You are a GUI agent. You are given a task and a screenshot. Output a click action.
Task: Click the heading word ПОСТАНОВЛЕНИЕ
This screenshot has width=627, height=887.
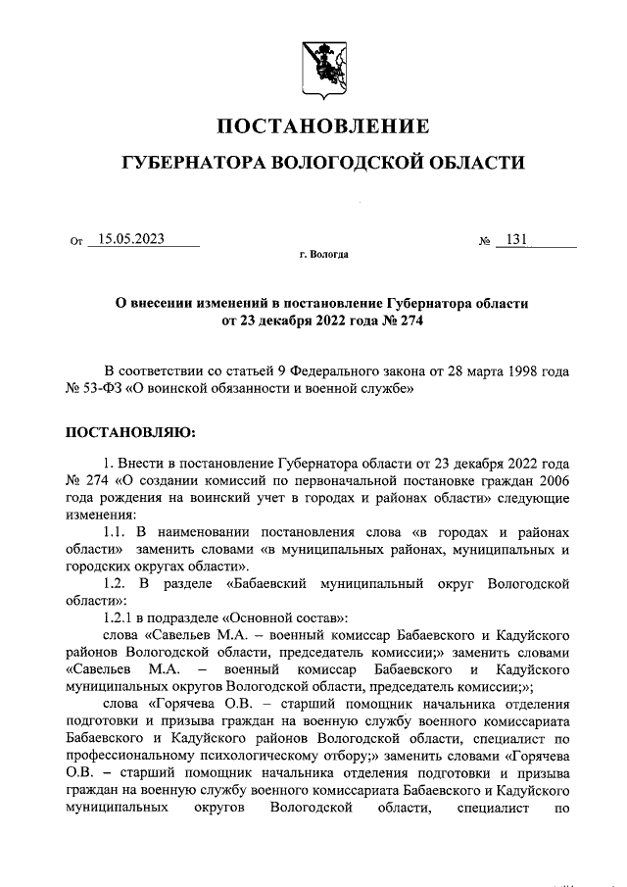coord(322,125)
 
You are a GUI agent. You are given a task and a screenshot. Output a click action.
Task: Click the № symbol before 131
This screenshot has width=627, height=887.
coord(484,241)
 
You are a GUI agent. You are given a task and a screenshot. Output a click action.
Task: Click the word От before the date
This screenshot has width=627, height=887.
coord(77,241)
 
